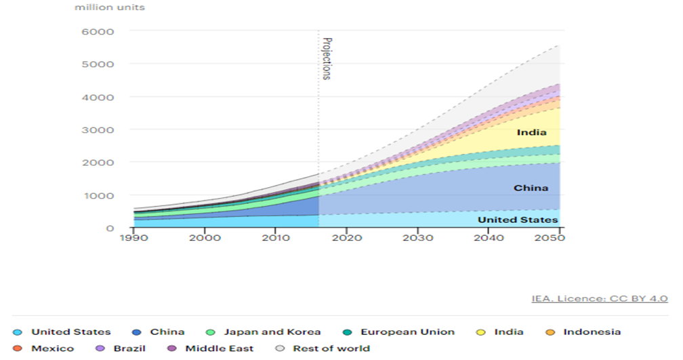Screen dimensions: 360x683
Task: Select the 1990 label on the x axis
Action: [x=134, y=239]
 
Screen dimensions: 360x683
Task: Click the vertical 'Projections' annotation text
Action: [x=326, y=59]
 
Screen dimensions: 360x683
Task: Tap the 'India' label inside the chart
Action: [x=531, y=133]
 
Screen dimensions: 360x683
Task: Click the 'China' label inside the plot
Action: [x=531, y=188]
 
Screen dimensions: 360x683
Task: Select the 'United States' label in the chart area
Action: [x=518, y=220]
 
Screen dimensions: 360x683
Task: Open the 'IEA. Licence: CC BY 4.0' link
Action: [x=600, y=298]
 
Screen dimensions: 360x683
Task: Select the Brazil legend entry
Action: [x=130, y=348]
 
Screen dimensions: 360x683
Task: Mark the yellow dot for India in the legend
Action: [x=481, y=332]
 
